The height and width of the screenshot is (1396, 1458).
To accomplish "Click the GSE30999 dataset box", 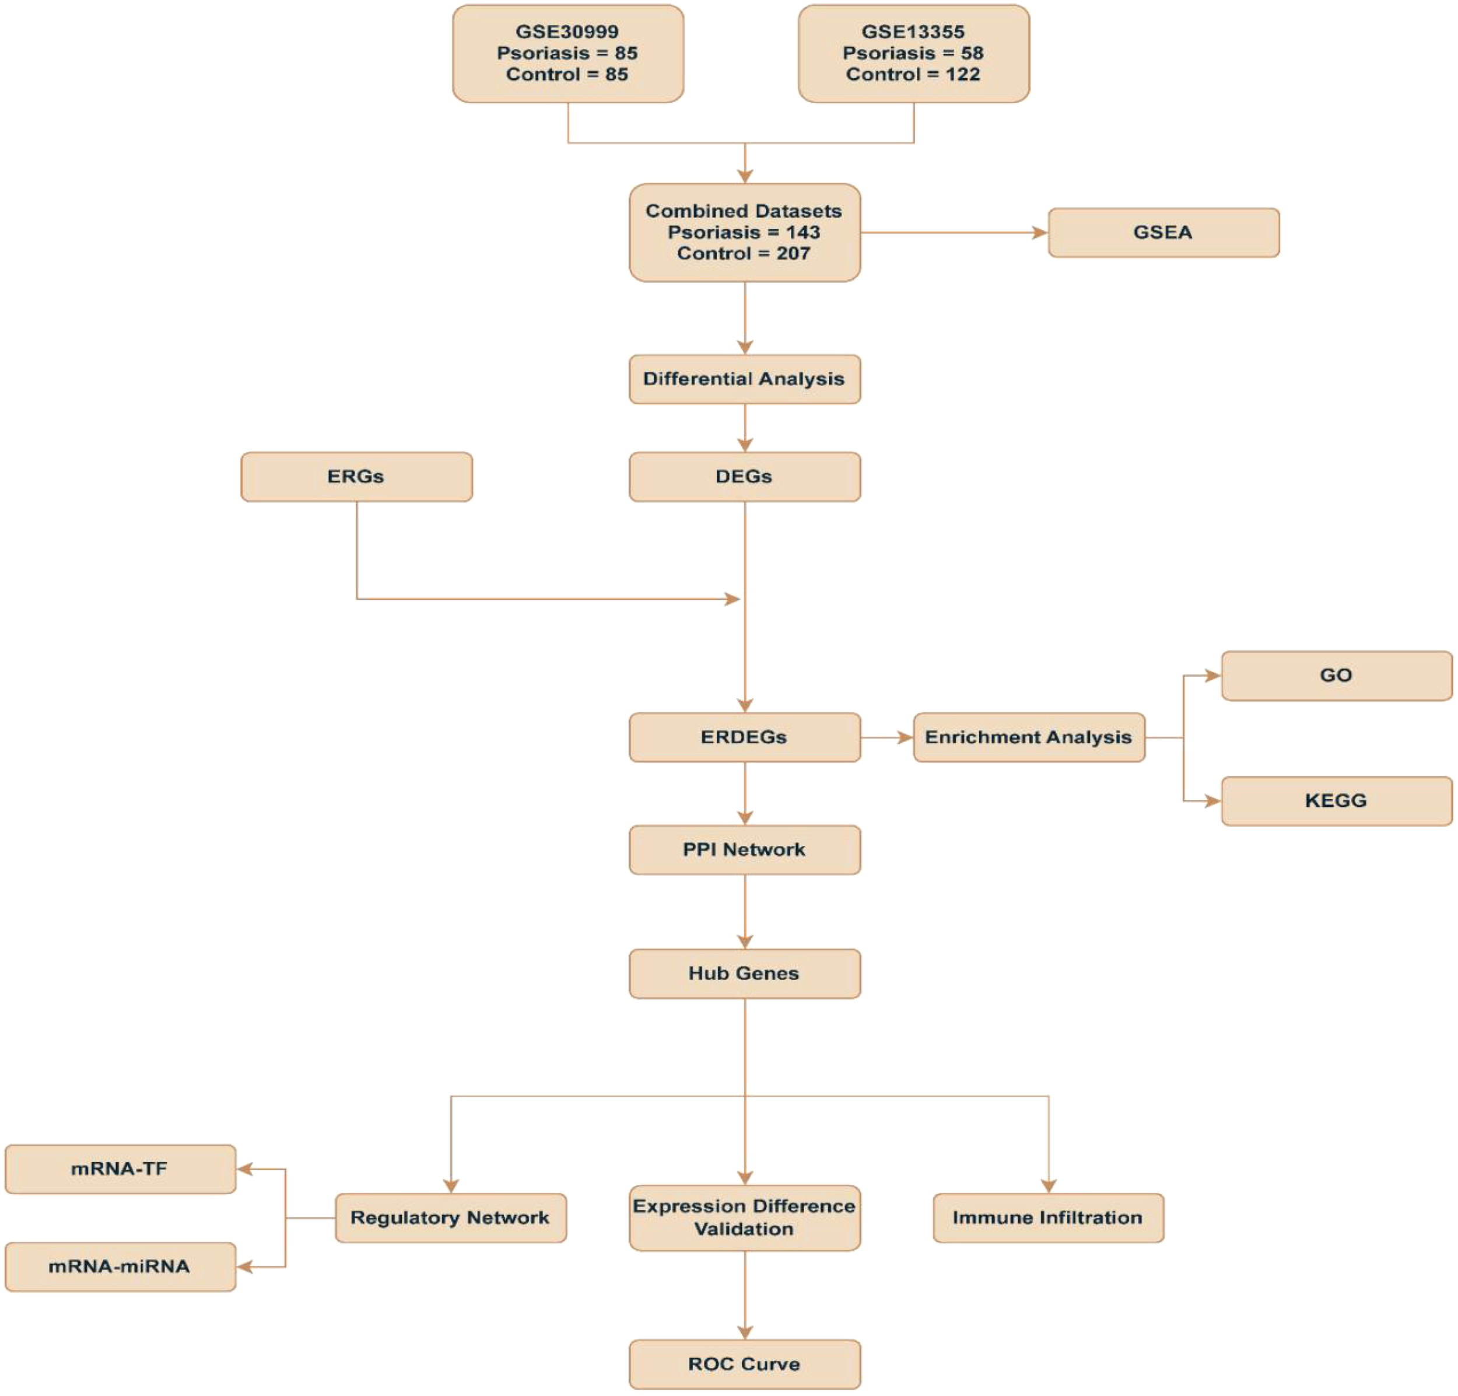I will point(567,54).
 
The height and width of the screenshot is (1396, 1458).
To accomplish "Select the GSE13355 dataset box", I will point(913,54).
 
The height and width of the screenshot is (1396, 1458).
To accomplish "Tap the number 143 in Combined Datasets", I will point(802,232).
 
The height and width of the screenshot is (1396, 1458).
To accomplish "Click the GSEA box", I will point(1163,232).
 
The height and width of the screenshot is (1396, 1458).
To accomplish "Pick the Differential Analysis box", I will point(744,379).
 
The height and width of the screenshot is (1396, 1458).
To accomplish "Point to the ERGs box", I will point(356,476).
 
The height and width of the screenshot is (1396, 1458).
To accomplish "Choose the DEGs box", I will point(744,476).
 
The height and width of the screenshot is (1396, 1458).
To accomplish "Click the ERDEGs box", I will point(744,737).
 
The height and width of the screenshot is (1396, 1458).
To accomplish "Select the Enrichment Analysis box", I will point(1028,737).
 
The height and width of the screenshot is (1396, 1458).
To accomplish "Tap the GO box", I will point(1336,675).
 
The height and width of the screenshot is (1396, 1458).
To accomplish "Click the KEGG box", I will point(1336,801).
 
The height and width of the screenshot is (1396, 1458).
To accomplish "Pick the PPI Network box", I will point(744,849).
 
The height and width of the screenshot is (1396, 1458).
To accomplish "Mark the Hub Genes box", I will point(744,973).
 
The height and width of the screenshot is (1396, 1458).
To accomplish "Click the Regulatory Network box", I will point(450,1218).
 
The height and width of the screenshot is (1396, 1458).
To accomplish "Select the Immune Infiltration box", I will point(1047,1218).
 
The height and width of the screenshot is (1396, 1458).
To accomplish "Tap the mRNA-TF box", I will point(120,1169).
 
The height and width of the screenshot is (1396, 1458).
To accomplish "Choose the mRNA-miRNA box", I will point(120,1266).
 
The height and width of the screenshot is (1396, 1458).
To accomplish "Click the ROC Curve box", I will point(744,1364).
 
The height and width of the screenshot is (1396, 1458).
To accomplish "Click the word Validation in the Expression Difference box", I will point(744,1229).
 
